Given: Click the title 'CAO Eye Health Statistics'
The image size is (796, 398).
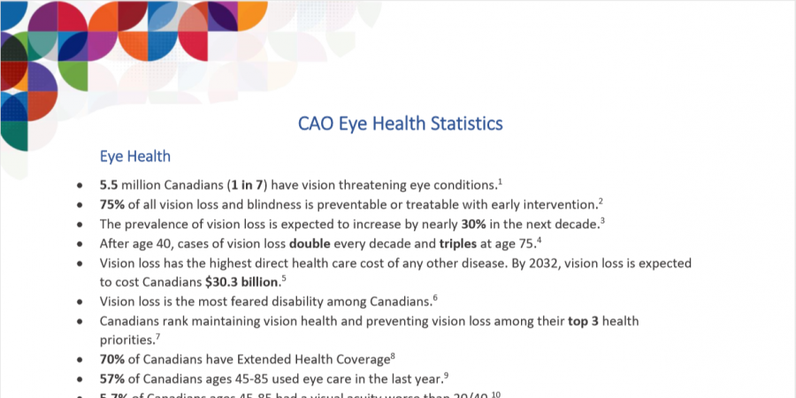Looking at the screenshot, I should tap(401, 123).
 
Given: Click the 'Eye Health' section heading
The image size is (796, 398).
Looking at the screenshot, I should tap(135, 157).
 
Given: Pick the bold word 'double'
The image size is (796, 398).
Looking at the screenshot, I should tap(314, 243).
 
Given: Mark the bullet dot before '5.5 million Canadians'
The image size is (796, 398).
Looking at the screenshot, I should tap(81, 186).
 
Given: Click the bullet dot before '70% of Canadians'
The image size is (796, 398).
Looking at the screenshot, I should tap(81, 361).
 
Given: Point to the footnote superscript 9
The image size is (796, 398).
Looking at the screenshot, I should tap(447, 375).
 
